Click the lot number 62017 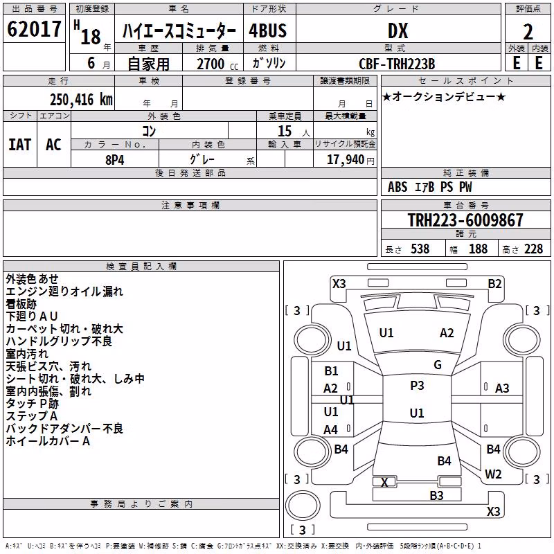34,29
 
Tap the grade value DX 397,30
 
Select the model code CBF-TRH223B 397,64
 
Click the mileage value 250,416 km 81,100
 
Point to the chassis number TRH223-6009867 465,220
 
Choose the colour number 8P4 115,160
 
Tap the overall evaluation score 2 528,32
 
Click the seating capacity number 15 285,131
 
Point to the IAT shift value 20,145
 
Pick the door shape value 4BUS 268,30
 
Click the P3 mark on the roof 417,386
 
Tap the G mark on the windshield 438,364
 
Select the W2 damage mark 493,474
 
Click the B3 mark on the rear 436,496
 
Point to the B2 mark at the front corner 494,284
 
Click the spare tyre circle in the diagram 303,506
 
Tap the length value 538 420,249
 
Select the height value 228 533,249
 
